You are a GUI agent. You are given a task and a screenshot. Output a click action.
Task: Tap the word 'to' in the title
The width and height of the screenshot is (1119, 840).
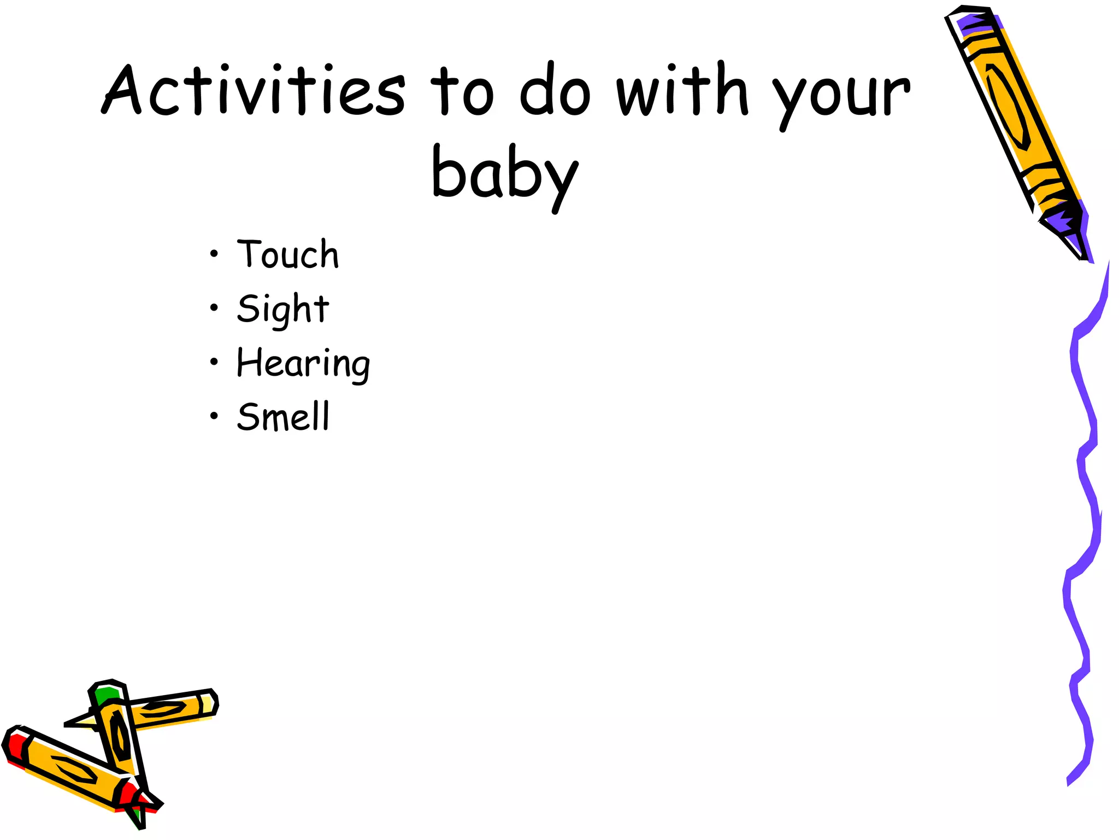462,92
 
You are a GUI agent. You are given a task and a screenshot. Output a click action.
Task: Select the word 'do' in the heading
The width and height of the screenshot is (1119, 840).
555,90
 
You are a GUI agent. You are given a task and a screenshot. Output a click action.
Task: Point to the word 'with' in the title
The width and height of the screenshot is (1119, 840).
682,90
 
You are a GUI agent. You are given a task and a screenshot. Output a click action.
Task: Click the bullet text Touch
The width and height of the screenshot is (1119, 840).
288,254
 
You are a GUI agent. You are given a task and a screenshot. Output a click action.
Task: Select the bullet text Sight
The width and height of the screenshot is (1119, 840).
283,309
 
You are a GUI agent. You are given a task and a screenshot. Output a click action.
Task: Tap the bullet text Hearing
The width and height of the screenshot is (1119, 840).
303,363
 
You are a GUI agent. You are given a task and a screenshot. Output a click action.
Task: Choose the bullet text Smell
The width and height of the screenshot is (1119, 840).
284,417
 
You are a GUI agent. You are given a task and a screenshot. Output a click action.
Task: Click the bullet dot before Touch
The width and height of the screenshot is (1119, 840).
214,254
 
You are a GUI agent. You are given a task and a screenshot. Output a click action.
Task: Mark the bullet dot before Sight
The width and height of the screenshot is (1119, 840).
214,308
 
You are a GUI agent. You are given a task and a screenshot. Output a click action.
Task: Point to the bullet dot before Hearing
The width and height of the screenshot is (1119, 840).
214,361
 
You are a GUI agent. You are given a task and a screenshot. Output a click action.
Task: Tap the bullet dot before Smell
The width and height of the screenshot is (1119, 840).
214,416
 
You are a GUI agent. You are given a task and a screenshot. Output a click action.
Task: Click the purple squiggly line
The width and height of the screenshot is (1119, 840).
1085,492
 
